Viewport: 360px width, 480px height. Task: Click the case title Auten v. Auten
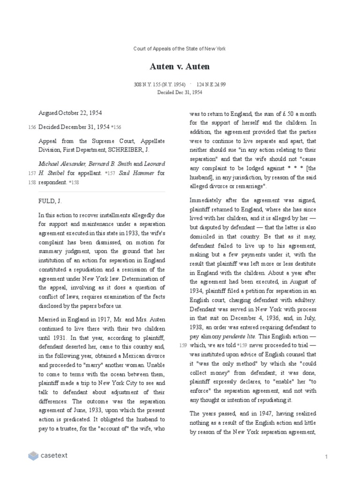(180, 67)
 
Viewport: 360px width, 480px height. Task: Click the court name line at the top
(180, 49)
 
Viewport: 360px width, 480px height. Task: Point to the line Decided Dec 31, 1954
(180, 92)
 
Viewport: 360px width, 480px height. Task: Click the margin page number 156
(32, 127)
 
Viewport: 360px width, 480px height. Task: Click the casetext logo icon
(33, 455)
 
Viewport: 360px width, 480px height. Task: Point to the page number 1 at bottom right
(325, 457)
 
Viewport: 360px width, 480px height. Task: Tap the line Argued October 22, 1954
(70, 113)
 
